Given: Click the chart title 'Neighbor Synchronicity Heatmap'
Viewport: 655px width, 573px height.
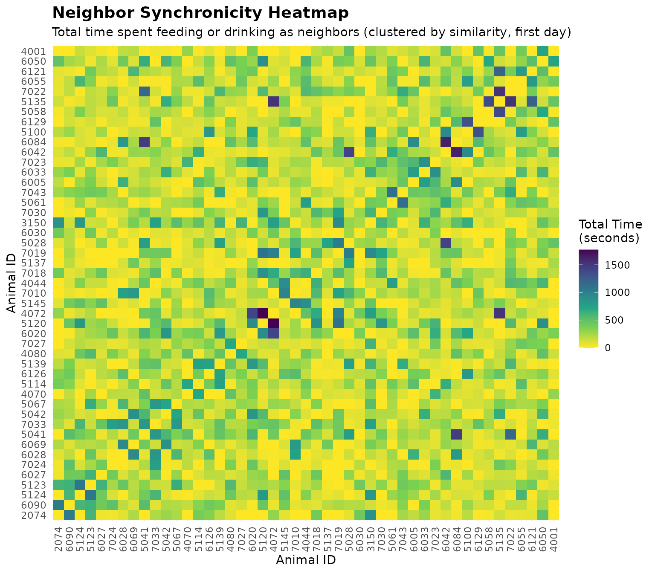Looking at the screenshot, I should pos(200,13).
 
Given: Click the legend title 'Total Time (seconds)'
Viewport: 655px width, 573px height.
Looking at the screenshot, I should pos(610,231).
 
